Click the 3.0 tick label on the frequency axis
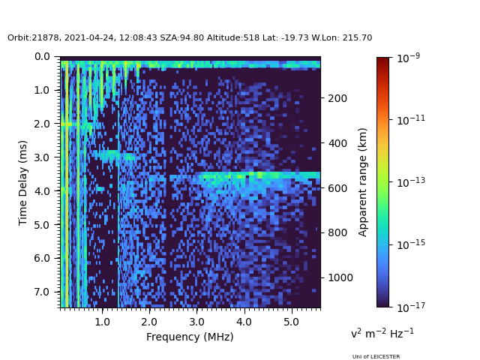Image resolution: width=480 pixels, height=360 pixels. tap(196, 322)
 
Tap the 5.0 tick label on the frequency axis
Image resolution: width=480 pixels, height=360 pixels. tap(291, 322)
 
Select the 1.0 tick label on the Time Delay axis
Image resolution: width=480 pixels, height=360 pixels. tap(42, 90)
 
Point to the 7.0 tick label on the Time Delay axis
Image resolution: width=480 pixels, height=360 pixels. tap(42, 292)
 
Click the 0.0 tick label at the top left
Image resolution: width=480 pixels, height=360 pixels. tap(42, 57)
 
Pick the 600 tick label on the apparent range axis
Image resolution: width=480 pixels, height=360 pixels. tap(337, 188)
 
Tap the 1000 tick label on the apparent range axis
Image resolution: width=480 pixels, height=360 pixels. tap(340, 277)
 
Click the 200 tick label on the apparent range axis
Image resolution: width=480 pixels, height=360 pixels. tap(337, 98)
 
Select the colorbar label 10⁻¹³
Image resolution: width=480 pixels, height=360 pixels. tap(411, 182)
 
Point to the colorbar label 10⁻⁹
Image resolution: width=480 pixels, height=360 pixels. tap(408, 58)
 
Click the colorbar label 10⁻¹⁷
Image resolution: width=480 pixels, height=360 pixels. tap(411, 307)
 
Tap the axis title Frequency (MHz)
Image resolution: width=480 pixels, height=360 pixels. tap(190, 337)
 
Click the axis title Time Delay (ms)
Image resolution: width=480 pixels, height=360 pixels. tap(23, 183)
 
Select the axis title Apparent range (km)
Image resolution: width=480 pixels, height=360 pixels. tap(362, 182)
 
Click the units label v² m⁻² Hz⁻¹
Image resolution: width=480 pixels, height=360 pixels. tap(382, 333)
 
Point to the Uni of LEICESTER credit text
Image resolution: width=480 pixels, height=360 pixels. tap(376, 357)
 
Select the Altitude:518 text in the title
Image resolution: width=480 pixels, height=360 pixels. tap(233, 37)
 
